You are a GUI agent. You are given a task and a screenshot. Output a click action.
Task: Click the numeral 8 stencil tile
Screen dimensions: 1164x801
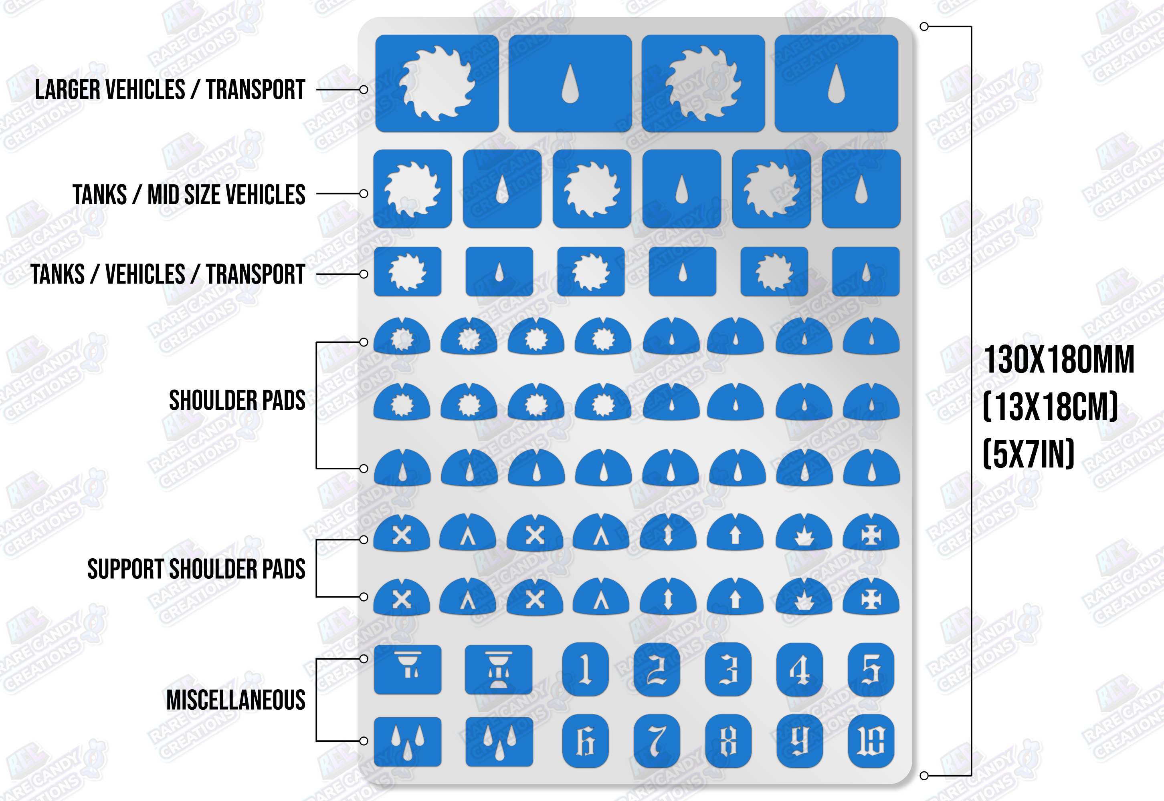pyautogui.click(x=728, y=741)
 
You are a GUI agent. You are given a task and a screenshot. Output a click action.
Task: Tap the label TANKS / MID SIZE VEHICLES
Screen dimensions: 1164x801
pyautogui.click(x=189, y=194)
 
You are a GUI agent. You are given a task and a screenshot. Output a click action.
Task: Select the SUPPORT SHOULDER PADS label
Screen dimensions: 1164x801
pyautogui.click(x=196, y=569)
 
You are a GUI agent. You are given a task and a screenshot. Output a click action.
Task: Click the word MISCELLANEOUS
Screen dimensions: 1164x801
pyautogui.click(x=236, y=700)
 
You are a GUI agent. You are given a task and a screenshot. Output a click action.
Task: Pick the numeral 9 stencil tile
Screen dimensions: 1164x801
pyautogui.click(x=799, y=741)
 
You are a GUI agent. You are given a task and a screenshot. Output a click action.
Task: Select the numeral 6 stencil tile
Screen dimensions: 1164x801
pyautogui.click(x=585, y=741)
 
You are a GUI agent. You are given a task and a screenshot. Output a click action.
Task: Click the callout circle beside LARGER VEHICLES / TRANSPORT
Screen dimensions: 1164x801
pyautogui.click(x=364, y=90)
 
